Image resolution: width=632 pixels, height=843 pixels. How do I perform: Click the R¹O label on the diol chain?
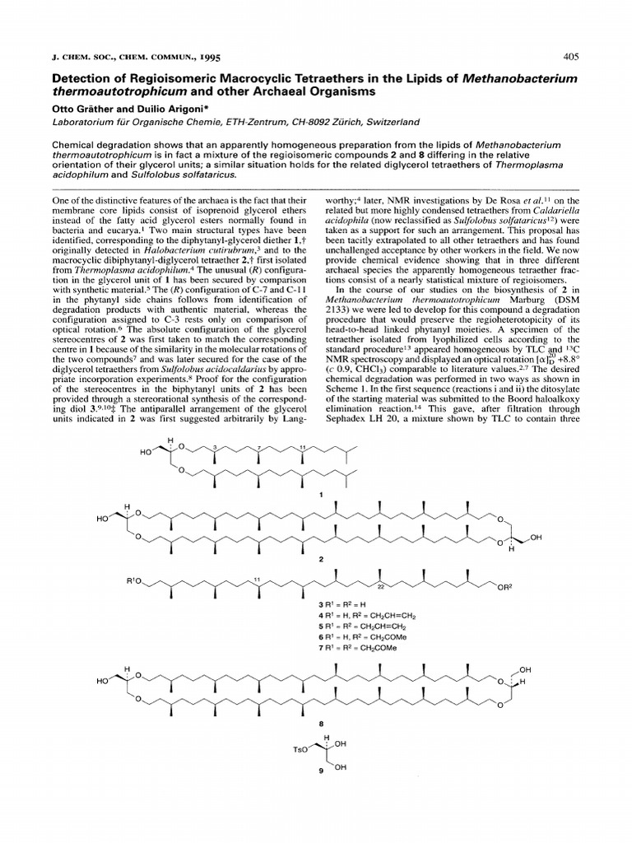pyautogui.click(x=136, y=583)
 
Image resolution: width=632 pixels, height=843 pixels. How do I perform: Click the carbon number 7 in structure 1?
pyautogui.click(x=256, y=445)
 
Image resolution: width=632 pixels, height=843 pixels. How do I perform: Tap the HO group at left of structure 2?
pyautogui.click(x=102, y=519)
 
